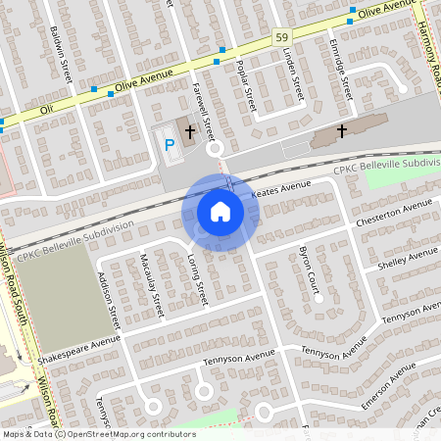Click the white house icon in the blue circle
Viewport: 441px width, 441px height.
click(x=220, y=212)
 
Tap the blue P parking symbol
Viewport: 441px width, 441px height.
click(x=169, y=145)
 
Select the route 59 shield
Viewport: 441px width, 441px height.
click(x=280, y=36)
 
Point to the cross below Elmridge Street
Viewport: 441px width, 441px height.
click(x=342, y=129)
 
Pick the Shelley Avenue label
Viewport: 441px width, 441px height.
click(x=409, y=259)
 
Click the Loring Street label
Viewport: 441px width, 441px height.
click(x=197, y=278)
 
